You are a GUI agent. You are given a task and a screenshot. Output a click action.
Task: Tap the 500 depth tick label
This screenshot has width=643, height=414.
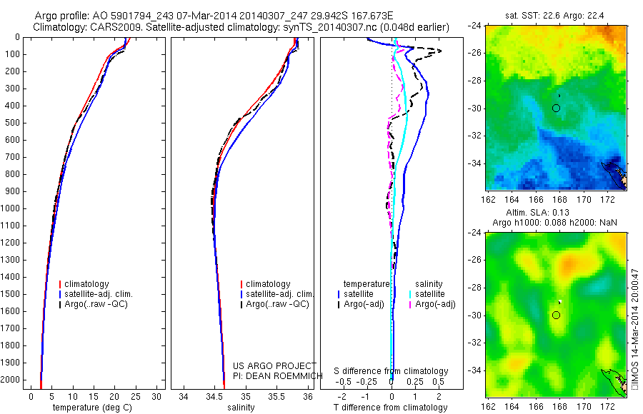(x=13, y=123)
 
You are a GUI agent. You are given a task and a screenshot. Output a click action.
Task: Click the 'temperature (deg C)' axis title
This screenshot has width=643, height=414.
(x=93, y=408)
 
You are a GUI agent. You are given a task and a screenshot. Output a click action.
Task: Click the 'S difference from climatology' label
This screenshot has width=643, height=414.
(x=392, y=371)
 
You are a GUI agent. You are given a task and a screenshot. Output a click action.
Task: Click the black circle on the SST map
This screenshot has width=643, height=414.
(x=557, y=108)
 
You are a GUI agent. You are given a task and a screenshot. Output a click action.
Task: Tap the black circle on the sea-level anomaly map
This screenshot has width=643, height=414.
(x=557, y=315)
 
